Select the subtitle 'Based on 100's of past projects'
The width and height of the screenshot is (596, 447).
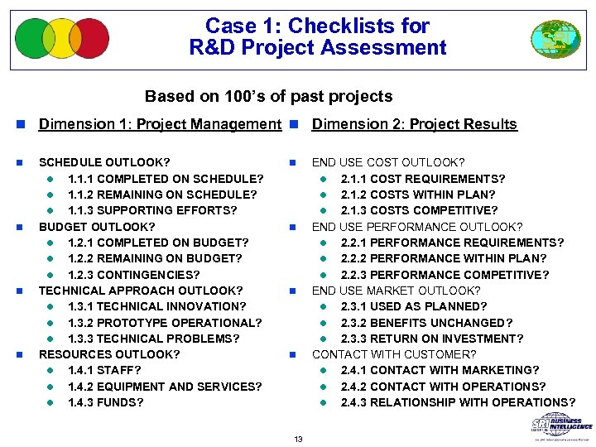pos(268,97)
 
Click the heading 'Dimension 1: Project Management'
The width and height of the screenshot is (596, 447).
pos(160,125)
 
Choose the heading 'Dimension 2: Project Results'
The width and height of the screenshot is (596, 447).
pos(414,125)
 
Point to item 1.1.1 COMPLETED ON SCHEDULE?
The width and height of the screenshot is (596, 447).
pos(166,179)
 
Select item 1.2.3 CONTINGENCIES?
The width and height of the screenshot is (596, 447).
pos(133,275)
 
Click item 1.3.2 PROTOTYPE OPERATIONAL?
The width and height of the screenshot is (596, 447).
pos(165,323)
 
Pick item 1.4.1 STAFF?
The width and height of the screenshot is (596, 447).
pos(104,371)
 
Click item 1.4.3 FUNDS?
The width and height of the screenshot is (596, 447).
pos(105,403)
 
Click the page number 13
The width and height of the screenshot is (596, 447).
pos(298,438)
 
